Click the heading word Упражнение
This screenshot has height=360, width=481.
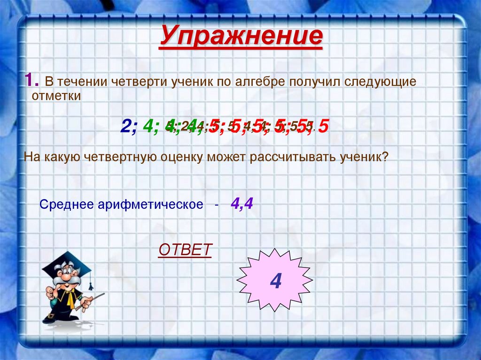(x=241, y=37)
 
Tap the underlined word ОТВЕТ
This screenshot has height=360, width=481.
(x=185, y=250)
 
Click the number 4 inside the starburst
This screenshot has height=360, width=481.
(x=275, y=281)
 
